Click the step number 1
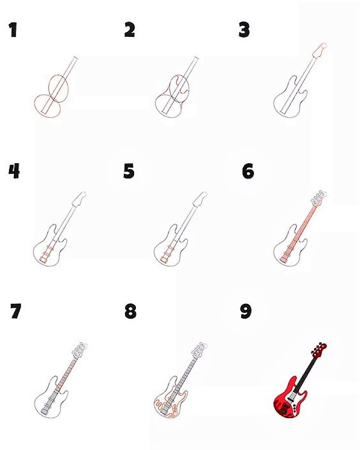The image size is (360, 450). [13, 30]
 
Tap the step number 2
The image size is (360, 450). [130, 30]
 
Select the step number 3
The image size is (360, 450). [244, 30]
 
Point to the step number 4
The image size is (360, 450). [14, 171]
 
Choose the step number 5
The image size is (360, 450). [129, 171]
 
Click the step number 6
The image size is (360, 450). [248, 171]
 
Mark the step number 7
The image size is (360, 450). [15, 312]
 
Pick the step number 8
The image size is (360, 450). [130, 312]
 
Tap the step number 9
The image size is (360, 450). [246, 312]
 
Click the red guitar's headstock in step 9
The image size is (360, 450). [319, 350]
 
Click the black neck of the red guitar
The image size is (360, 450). [306, 372]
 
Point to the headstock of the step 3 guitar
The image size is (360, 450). [319, 50]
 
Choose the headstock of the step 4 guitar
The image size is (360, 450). [79, 199]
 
